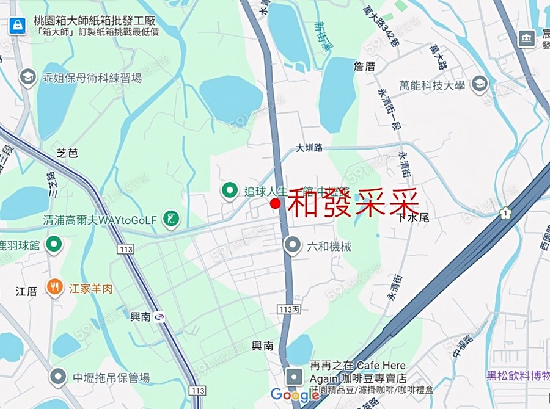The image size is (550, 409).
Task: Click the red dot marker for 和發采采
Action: pyautogui.click(x=276, y=203)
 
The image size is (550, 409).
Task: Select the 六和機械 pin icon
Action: pyautogui.click(x=293, y=246)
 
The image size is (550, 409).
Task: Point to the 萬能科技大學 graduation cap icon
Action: pyautogui.click(x=480, y=84)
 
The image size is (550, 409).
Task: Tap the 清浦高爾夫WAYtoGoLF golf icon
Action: pyautogui.click(x=172, y=219)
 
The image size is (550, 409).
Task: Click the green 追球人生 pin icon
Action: pyautogui.click(x=230, y=191)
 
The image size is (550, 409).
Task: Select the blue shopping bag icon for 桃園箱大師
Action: pyautogui.click(x=16, y=25)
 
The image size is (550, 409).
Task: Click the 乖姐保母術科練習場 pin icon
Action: pyautogui.click(x=28, y=78)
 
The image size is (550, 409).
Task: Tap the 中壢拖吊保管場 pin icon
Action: pyautogui.click(x=59, y=377)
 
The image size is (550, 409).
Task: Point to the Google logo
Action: pyautogui.click(x=295, y=395)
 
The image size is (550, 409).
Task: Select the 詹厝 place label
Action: pyautogui.click(x=364, y=65)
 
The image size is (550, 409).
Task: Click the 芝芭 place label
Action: pyautogui.click(x=67, y=153)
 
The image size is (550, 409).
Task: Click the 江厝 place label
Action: pyautogui.click(x=26, y=291)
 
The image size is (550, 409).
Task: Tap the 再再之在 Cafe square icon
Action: pyautogui.click(x=295, y=375)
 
